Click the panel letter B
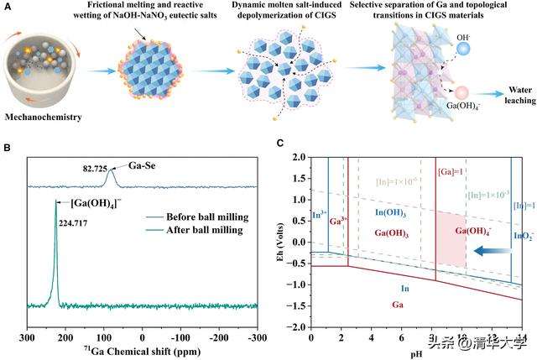[x=8, y=149]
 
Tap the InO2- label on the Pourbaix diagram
[x=521, y=237]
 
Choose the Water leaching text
[x=507, y=94]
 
